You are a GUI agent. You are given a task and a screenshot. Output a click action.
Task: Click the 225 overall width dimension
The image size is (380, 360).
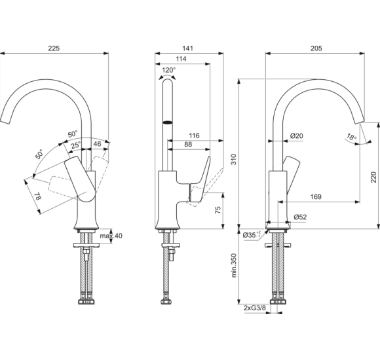[54, 47]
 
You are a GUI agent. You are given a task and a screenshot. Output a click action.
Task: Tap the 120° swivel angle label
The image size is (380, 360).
[169, 70]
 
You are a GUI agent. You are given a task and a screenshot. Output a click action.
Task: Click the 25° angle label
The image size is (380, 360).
[76, 145]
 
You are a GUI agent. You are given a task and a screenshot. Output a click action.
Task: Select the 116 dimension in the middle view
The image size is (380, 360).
[193, 135]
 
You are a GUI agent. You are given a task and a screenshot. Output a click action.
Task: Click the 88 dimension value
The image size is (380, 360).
[188, 145]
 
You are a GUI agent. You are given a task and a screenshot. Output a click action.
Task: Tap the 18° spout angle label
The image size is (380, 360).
[352, 138]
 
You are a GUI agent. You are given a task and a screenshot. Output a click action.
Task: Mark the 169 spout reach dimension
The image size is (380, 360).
[315, 196]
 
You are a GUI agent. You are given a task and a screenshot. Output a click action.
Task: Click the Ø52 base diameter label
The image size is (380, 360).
[301, 216]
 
